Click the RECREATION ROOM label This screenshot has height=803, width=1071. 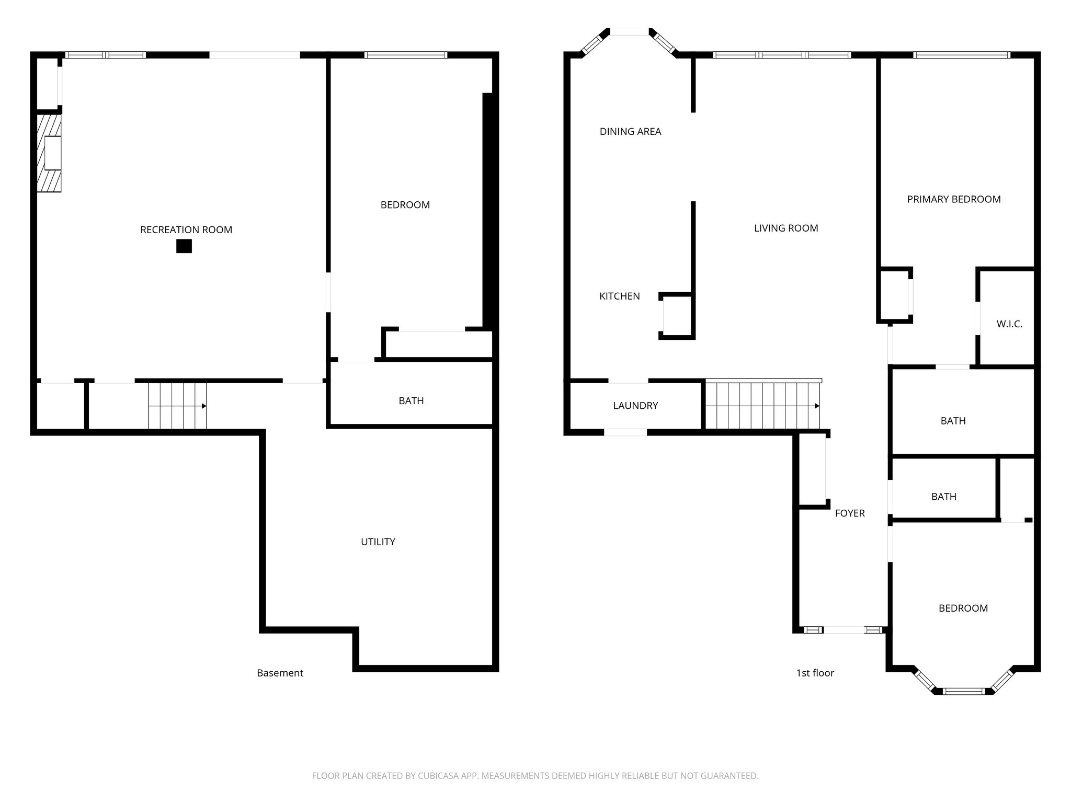186,230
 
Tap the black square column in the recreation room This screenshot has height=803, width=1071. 184,246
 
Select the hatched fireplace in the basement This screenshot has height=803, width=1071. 49,153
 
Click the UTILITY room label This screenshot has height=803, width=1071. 378,542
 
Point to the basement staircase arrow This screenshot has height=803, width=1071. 203,406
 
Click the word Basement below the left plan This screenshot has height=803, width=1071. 280,673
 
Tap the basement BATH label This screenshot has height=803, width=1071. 411,400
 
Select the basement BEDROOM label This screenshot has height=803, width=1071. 405,205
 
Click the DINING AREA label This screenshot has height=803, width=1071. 630,132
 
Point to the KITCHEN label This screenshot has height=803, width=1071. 619,296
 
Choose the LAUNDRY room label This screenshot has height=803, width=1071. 635,405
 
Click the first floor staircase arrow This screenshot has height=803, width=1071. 816,406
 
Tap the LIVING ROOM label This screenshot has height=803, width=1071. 786,228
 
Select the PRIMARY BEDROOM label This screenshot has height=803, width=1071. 953,199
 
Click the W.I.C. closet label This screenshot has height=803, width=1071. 1009,324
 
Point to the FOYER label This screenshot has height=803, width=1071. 849,513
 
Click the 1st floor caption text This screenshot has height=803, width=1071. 815,673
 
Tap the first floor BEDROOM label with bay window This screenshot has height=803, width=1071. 963,608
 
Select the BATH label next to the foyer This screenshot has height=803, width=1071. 943,497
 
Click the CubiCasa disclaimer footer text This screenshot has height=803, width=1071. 535,776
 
